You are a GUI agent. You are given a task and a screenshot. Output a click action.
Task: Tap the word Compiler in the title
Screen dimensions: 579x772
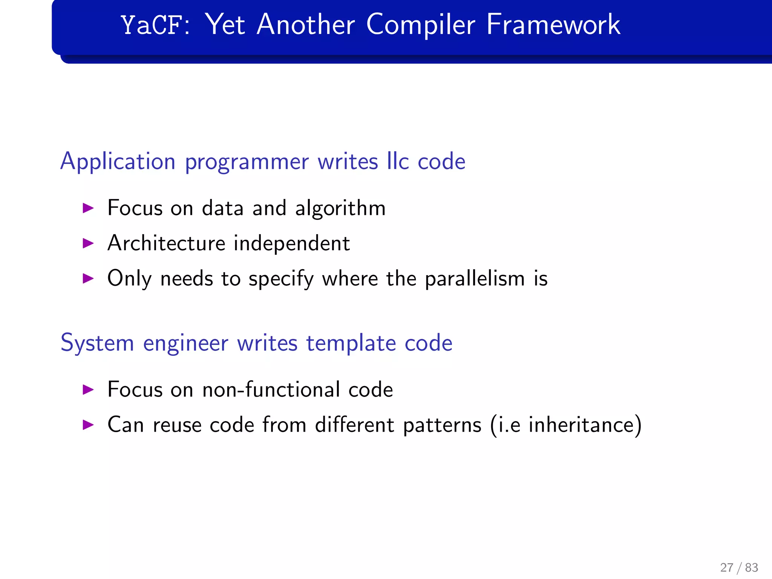click(420, 25)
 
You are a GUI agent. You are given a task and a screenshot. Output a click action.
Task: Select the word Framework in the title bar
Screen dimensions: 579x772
click(553, 25)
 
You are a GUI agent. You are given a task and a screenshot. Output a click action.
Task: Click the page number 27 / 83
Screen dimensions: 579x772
click(739, 567)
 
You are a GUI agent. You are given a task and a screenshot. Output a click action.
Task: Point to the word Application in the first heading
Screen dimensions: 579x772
click(118, 162)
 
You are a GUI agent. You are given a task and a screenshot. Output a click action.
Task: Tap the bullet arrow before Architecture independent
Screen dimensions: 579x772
click(88, 243)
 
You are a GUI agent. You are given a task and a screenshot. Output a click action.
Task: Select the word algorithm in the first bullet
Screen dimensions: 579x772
click(340, 208)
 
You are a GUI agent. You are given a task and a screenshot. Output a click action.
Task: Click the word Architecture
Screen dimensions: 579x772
click(166, 243)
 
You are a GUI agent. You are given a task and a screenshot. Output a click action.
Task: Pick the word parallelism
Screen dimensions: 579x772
click(475, 279)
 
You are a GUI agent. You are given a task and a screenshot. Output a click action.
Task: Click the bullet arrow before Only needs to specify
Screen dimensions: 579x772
click(88, 279)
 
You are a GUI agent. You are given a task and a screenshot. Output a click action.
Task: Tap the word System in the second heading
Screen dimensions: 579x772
click(97, 343)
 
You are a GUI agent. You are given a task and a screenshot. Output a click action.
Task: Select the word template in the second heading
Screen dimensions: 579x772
click(351, 343)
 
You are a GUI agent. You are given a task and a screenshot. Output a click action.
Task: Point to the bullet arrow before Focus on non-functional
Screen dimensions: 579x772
click(88, 389)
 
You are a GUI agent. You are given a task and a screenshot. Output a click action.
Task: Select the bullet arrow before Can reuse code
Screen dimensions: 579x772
click(88, 425)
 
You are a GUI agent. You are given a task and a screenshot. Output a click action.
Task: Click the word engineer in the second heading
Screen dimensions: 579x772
click(185, 343)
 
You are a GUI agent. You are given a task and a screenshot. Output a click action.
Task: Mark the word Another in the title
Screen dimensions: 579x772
click(306, 25)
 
